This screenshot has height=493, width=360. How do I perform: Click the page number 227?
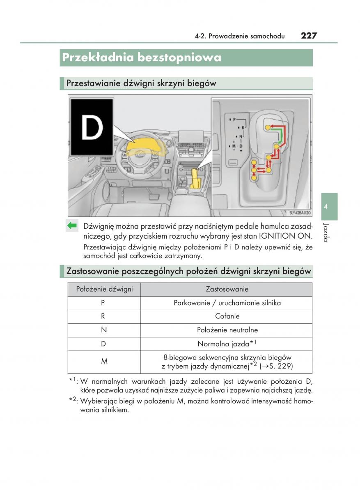308,35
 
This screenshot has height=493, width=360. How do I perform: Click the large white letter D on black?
92,127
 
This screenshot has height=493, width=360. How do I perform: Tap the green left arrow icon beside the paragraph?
72,225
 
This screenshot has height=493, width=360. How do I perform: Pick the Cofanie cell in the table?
227,316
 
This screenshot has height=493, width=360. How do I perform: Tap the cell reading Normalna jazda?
227,343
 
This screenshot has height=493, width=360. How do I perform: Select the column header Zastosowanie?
227,289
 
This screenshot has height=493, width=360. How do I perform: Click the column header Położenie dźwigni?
104,289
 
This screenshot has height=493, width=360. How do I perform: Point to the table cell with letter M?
104,362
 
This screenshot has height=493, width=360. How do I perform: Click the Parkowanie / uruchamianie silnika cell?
227,303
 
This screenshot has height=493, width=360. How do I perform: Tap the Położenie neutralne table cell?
227,330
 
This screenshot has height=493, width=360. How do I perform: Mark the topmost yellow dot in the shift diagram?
268,127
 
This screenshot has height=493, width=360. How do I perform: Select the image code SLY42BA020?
300,213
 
